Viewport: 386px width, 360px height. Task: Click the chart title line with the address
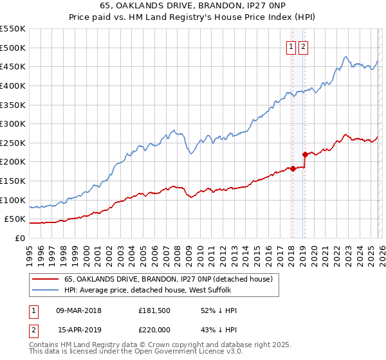(192, 6)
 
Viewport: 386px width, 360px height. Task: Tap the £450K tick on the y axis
(12, 66)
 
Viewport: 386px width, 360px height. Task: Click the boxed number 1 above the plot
(291, 46)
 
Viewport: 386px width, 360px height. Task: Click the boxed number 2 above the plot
(303, 46)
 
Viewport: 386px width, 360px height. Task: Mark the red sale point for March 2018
(293, 169)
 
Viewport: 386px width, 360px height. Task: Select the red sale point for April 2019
(305, 154)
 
